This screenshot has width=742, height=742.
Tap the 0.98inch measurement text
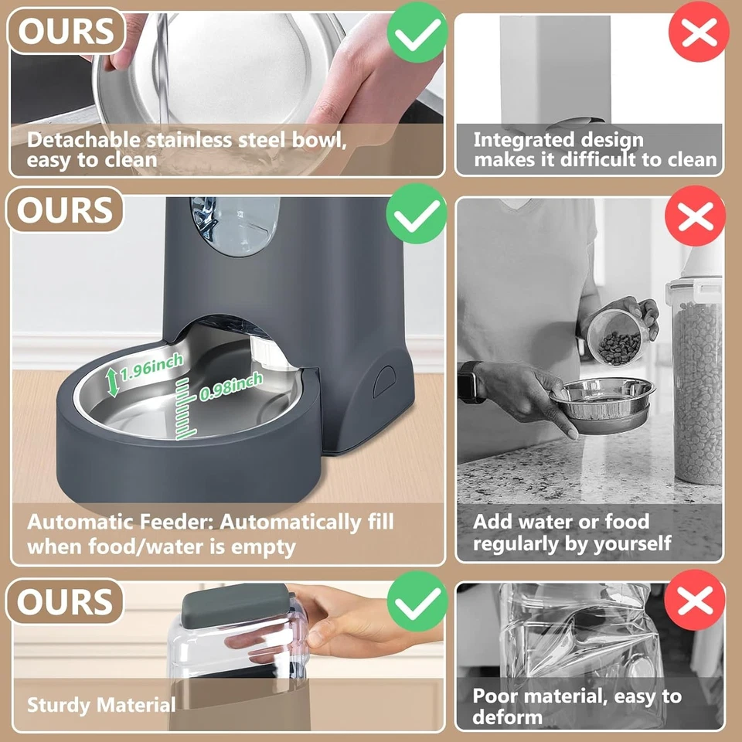(231, 386)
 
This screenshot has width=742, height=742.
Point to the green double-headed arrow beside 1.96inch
(113, 382)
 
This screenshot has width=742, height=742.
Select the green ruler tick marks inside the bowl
(185, 410)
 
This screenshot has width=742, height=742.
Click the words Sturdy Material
(101, 705)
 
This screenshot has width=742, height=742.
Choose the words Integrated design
(558, 140)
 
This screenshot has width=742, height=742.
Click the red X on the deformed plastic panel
(695, 600)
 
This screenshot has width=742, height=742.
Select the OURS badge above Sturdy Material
(65, 602)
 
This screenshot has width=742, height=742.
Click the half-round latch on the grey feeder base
(383, 380)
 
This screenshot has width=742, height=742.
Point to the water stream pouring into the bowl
(162, 70)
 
